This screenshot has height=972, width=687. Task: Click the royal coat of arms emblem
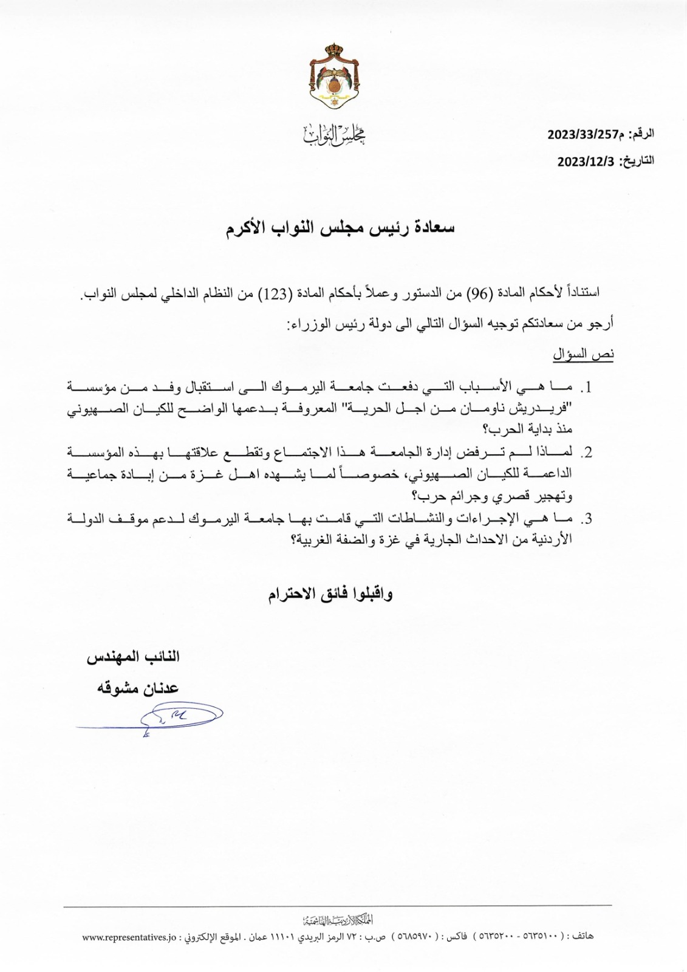click(x=334, y=77)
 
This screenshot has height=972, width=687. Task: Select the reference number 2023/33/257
click(x=582, y=134)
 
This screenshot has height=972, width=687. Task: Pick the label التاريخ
click(x=638, y=161)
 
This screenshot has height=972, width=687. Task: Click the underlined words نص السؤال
click(x=583, y=354)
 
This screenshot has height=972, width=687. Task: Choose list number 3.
click(x=587, y=519)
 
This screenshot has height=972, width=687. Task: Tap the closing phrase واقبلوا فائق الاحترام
click(x=330, y=594)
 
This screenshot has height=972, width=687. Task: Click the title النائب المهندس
click(x=134, y=657)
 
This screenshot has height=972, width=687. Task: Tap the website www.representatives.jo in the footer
click(x=129, y=936)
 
